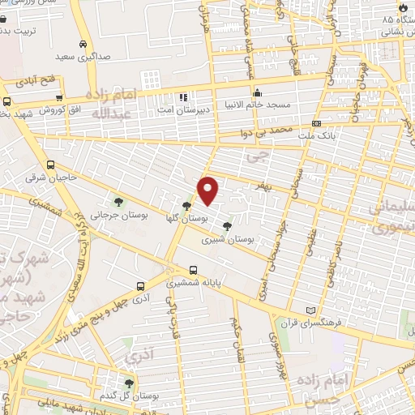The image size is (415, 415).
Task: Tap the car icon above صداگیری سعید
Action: tap(83, 45)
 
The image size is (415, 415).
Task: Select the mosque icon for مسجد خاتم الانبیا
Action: tap(258, 92)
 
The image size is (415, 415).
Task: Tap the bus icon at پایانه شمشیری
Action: tap(193, 271)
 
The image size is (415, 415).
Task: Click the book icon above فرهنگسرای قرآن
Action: tap(310, 310)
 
